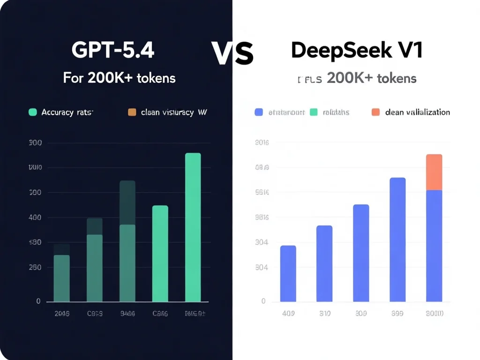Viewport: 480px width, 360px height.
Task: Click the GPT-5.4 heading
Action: click(x=113, y=50)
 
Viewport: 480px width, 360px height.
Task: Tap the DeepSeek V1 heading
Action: click(x=357, y=50)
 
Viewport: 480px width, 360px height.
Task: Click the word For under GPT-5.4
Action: click(x=73, y=77)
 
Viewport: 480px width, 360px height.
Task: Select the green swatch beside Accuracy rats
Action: click(x=32, y=112)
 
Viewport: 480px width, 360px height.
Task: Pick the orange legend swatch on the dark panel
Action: click(x=132, y=112)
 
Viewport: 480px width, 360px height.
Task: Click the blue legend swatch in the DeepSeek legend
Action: click(x=258, y=112)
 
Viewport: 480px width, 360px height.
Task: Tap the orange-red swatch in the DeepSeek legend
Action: click(x=375, y=112)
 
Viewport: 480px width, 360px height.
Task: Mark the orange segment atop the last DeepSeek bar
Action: click(x=434, y=172)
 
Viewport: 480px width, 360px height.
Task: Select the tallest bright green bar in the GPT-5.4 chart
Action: click(x=193, y=227)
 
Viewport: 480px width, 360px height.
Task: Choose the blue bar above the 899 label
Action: click(x=397, y=240)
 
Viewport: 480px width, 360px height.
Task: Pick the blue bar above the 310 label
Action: click(x=324, y=263)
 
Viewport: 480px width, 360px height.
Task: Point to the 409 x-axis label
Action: click(x=288, y=314)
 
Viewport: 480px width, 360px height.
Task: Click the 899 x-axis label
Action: click(x=397, y=314)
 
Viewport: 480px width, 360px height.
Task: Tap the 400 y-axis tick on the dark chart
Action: click(x=36, y=217)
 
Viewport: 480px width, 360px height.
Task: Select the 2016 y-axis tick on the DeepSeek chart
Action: click(x=262, y=142)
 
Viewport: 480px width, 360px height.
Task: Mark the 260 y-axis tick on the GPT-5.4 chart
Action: click(x=36, y=267)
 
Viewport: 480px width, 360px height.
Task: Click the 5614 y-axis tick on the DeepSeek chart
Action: click(x=262, y=192)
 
